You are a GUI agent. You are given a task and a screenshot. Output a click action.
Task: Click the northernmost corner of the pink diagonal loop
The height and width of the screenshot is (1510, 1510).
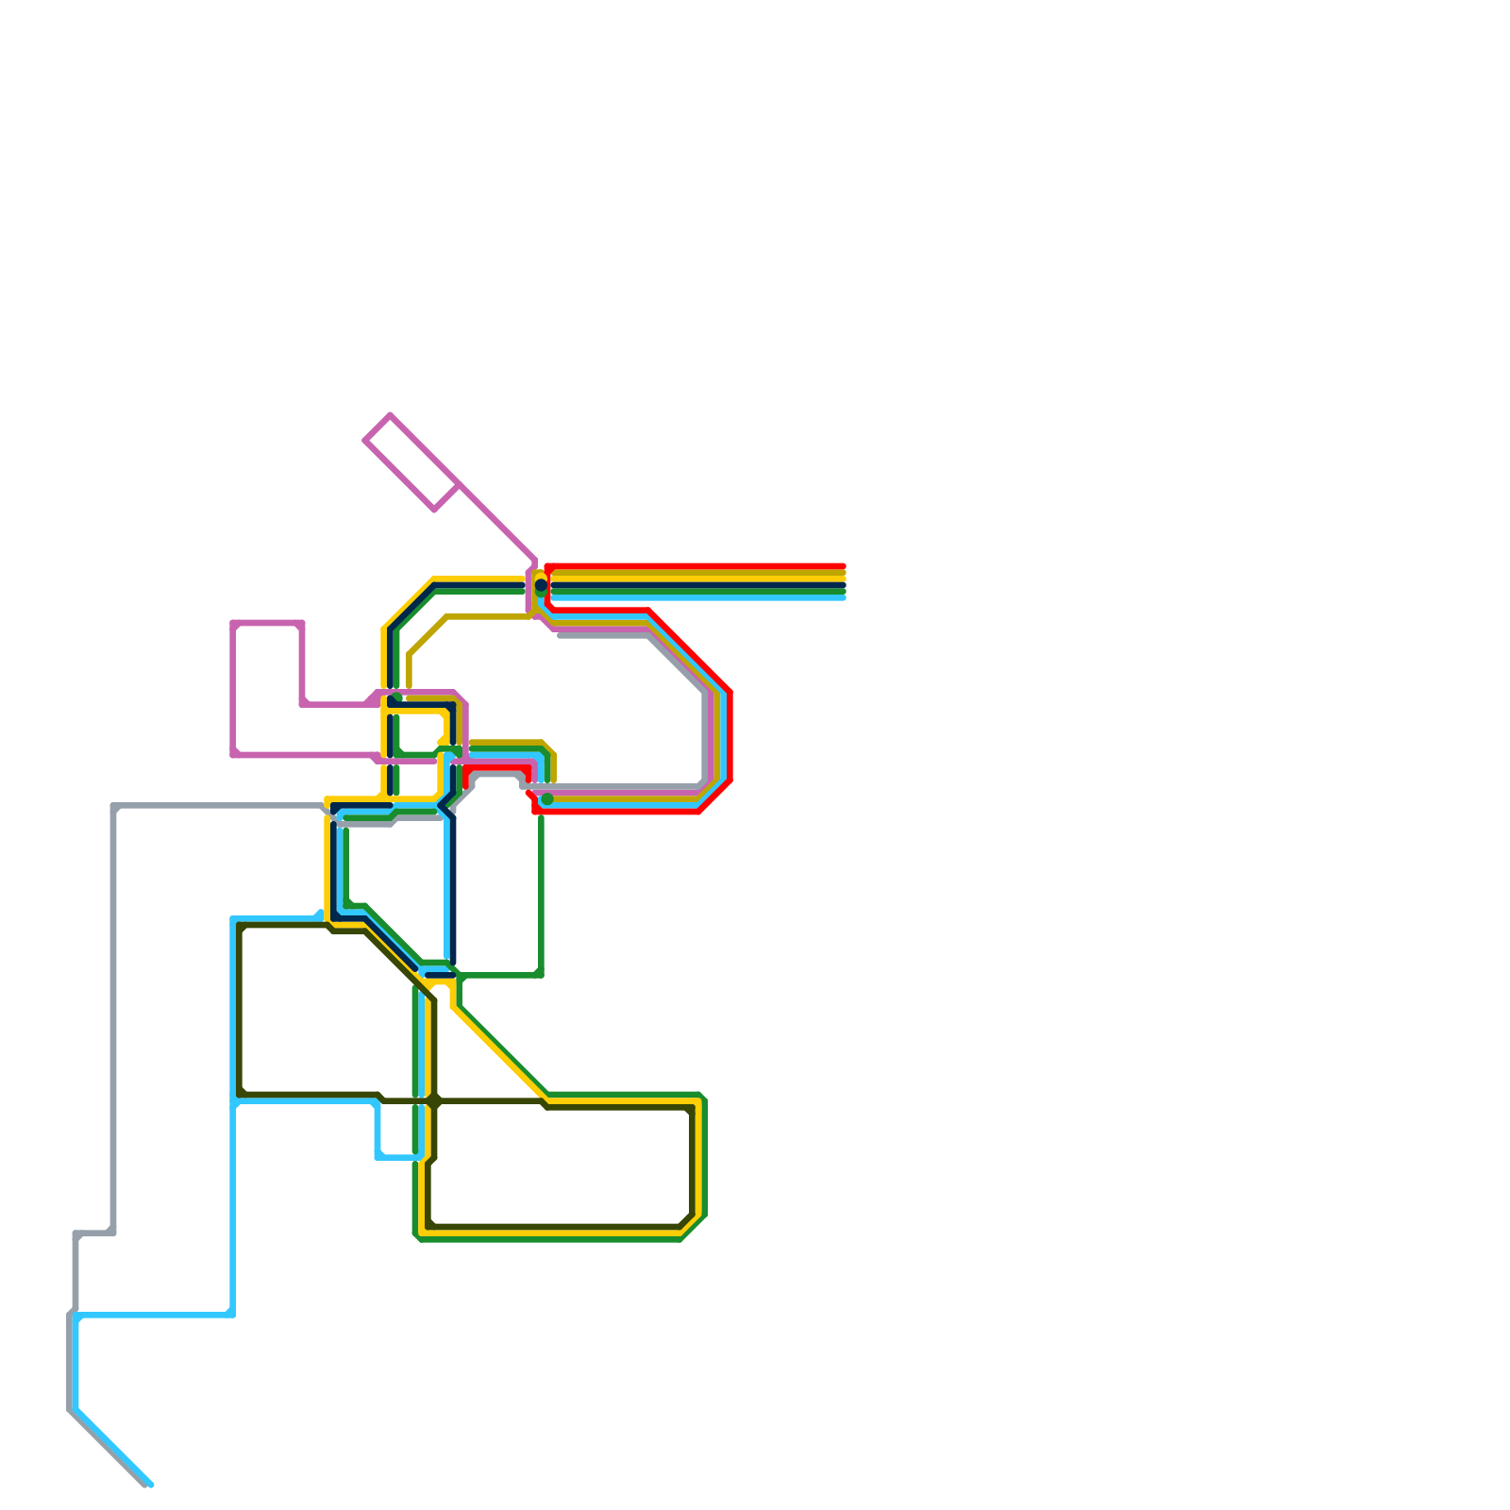[390, 415]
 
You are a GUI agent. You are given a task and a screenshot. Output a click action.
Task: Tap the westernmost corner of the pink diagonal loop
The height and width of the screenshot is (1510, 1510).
[365, 440]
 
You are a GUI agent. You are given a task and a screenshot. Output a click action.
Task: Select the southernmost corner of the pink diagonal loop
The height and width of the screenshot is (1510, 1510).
[435, 510]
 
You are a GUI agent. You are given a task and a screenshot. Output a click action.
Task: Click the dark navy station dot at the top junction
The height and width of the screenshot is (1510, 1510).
[541, 585]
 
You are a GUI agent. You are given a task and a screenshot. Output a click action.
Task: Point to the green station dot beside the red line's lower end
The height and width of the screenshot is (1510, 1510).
[547, 799]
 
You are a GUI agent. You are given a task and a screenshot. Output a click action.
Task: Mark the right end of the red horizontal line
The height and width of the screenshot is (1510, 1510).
[843, 566]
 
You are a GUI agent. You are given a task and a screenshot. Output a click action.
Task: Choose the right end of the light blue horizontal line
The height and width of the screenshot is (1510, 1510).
[843, 597]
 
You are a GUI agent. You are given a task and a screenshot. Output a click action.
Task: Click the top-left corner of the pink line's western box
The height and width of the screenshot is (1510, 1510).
[234, 624]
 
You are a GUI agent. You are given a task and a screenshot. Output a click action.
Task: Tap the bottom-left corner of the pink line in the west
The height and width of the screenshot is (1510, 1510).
[234, 754]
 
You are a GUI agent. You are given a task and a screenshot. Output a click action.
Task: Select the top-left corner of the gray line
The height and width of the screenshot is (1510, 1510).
[114, 807]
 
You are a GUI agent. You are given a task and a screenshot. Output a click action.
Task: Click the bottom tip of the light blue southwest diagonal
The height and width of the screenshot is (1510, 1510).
[150, 1485]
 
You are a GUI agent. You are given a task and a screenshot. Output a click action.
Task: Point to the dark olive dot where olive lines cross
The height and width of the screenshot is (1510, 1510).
[434, 1100]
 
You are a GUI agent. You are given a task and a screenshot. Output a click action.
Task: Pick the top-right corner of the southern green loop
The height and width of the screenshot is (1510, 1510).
[703, 1098]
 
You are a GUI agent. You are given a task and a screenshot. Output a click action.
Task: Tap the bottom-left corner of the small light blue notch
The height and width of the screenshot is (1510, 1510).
[378, 1156]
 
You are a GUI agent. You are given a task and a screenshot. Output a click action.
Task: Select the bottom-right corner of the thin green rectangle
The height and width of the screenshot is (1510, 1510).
[541, 974]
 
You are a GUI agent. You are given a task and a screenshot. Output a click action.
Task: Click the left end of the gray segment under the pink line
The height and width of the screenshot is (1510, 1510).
[561, 635]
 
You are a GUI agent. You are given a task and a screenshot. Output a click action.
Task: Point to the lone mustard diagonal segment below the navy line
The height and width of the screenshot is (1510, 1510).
[428, 635]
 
